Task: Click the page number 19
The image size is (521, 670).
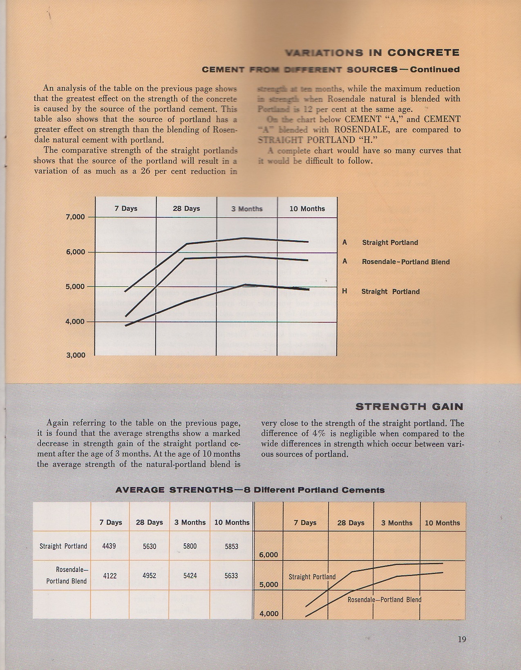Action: tap(462, 639)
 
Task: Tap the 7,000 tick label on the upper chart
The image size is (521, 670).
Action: tap(76, 217)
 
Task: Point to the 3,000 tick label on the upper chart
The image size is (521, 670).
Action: tap(76, 355)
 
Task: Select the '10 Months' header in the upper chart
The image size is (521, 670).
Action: tap(307, 209)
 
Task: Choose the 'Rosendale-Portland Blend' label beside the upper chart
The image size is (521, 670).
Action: tap(405, 262)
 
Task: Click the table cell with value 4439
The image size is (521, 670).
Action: tap(110, 546)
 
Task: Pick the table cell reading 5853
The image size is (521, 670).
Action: tap(231, 546)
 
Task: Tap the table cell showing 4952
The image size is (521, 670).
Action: tap(150, 576)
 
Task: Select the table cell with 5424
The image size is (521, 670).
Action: tap(190, 576)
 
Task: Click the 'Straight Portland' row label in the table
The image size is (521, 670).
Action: tap(63, 546)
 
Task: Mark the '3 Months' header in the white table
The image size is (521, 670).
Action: tap(190, 523)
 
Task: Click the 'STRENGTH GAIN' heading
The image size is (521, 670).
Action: tap(409, 406)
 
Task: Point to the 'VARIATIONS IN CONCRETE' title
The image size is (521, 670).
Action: tap(372, 53)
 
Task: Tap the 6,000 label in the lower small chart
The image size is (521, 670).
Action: tap(268, 555)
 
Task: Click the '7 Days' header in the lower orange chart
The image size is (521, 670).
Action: tap(306, 523)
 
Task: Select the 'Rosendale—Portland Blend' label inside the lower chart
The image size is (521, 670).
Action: tap(384, 600)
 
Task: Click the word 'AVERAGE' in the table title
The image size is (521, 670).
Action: tap(141, 490)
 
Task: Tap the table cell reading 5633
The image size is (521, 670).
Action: tap(231, 576)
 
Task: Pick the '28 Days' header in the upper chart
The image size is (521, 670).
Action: tap(186, 209)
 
